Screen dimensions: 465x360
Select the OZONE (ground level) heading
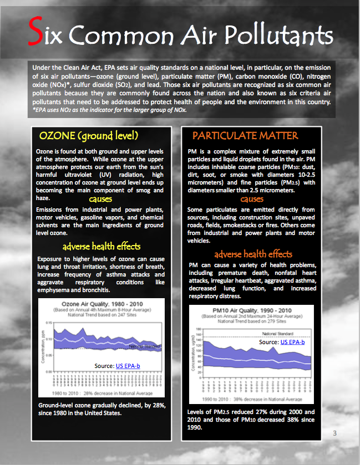point(88,136)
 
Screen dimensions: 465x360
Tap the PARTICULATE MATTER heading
point(245,136)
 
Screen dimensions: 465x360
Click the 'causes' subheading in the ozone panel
point(100,198)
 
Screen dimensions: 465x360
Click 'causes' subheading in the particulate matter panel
point(252,199)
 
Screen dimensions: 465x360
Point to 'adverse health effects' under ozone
point(102,246)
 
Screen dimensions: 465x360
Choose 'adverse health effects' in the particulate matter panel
point(253,254)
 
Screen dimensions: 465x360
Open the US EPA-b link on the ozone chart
point(128,365)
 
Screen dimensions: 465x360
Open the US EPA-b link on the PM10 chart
point(293,343)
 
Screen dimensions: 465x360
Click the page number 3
point(335,432)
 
